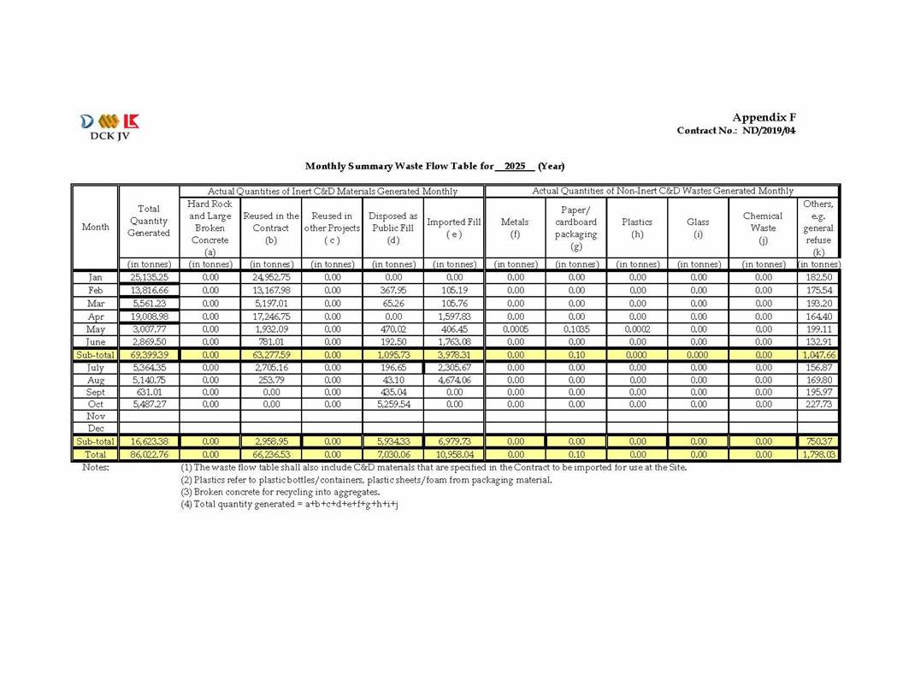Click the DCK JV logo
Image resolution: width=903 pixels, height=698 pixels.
[107, 125]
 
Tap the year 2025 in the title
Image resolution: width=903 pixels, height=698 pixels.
[514, 166]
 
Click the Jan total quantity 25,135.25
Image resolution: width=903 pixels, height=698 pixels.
[149, 277]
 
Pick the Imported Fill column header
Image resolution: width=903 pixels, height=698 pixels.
[454, 228]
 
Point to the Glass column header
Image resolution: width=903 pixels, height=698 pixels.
[699, 228]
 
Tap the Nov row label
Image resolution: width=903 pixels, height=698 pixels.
[95, 416]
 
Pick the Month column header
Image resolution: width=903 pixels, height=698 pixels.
[95, 228]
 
